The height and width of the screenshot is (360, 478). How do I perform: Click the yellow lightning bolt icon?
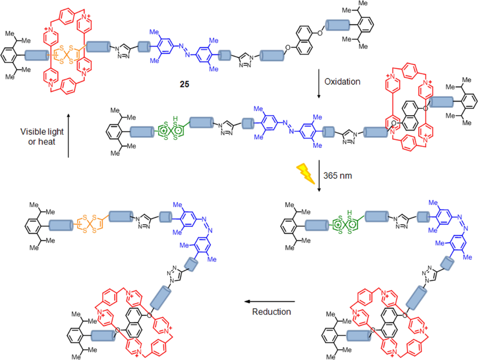click(307, 173)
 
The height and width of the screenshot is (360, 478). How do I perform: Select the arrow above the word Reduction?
click(271, 302)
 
